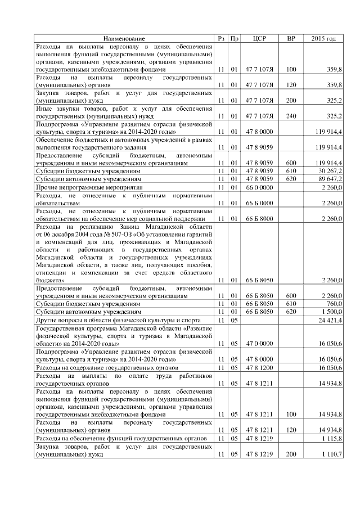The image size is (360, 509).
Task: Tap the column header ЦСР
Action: click(259, 38)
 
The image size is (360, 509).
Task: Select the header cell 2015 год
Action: click(323, 38)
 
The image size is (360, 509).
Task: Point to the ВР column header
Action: click(291, 38)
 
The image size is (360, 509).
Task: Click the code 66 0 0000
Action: click(259, 187)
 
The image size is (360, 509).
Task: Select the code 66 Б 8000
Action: click(259, 218)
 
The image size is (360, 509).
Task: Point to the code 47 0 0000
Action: click(259, 343)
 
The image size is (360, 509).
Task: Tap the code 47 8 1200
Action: click(259, 367)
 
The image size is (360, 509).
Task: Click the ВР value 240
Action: click(291, 116)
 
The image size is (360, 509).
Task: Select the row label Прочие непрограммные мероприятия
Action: click(89, 187)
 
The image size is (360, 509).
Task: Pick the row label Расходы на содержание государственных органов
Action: click(105, 367)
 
